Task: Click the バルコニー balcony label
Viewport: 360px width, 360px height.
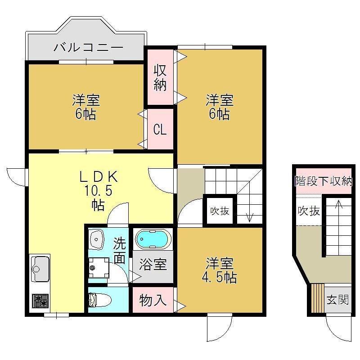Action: point(89,47)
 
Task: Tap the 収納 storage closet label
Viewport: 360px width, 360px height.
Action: point(160,77)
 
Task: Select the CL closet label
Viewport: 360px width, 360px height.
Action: point(160,130)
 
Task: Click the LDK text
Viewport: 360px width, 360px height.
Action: point(99,177)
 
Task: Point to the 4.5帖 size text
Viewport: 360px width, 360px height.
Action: point(219,278)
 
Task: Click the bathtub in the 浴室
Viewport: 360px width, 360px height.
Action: point(153,239)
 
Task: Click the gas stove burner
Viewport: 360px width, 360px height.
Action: point(40,301)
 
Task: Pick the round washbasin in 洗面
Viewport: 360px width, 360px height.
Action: point(96,239)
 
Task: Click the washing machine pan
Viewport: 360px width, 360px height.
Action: point(99,268)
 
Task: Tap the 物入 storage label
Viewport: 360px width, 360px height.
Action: point(153,300)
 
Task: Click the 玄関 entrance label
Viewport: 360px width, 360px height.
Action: point(337,300)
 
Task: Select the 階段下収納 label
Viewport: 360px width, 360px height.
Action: point(324,181)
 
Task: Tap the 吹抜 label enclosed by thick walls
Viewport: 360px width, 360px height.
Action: point(220,211)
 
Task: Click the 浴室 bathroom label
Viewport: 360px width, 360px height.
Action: point(153,264)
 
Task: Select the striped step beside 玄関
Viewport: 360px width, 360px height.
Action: point(318,298)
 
